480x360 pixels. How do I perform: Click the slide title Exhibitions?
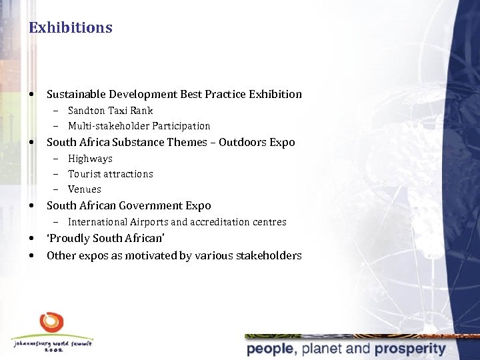71,28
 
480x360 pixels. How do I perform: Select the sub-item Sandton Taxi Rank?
110,111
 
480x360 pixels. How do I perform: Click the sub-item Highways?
90,159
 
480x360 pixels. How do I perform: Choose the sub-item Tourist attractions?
110,174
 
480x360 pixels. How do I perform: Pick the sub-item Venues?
85,189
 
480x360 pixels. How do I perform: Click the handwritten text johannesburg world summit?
52,343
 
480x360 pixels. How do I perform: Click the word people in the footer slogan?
270,349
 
